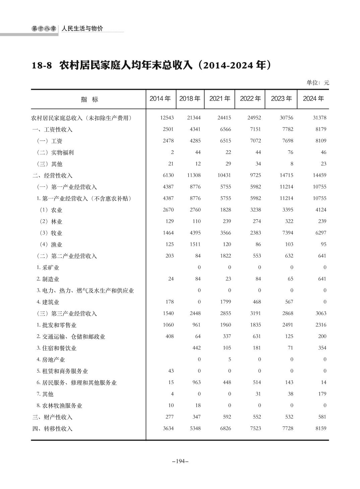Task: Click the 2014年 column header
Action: pos(160,99)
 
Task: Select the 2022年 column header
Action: pos(250,99)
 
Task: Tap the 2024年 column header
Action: pos(313,99)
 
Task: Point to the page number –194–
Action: pos(180,461)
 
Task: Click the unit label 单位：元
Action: pos(318,83)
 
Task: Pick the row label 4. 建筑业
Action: pos(48,302)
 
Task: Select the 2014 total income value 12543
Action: pos(167,118)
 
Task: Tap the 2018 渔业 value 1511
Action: pos(195,245)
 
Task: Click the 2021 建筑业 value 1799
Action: pos(225,302)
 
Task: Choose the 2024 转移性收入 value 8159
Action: pos(319,428)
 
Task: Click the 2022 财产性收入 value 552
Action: pos(256,417)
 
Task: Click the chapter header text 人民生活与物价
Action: pos(82,29)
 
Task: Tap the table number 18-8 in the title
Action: pos(42,65)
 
